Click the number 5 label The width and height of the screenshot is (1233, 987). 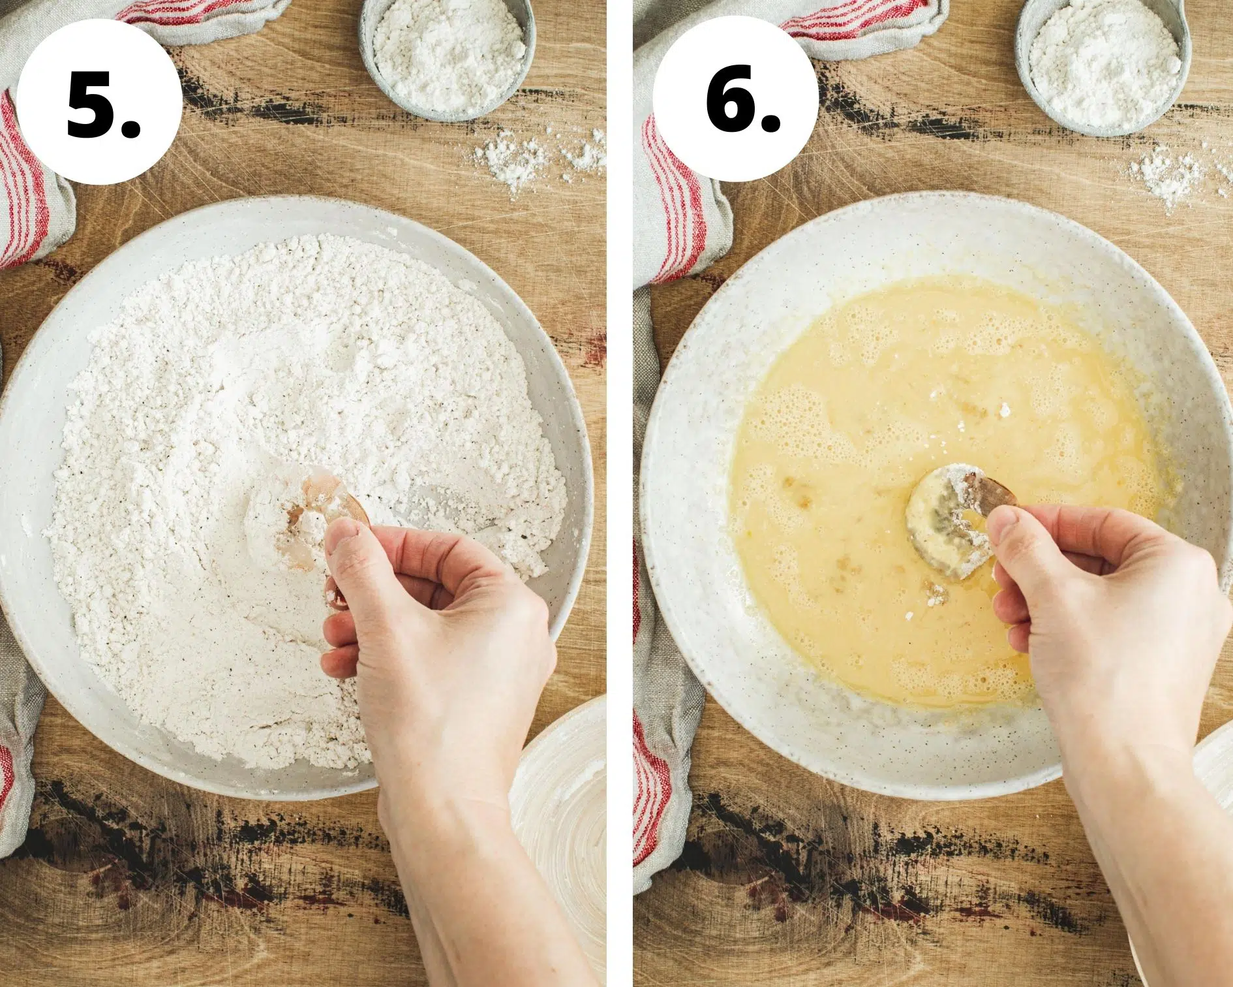(103, 102)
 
